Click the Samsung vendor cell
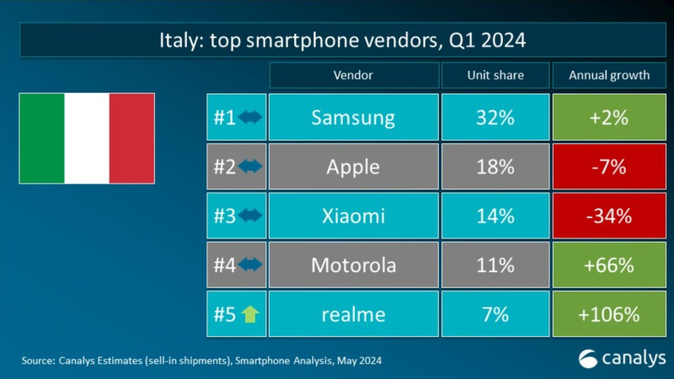point(354,117)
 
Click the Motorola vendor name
point(354,265)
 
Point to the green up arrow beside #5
point(249,315)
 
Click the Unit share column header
point(495,75)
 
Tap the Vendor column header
point(354,75)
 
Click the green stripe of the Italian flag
point(41,138)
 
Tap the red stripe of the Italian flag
point(132,138)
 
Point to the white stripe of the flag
point(87,138)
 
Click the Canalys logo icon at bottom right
point(587,359)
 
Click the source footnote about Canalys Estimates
point(202,360)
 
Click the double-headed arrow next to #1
point(250,117)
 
